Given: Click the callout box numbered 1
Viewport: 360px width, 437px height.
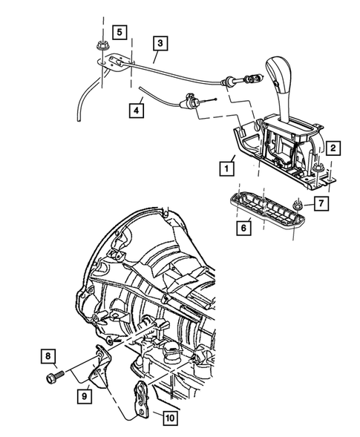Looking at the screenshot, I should click(x=223, y=168).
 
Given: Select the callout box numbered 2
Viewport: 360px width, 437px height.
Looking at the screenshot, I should click(x=334, y=149).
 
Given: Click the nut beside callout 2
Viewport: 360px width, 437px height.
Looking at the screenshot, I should click(x=319, y=173).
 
